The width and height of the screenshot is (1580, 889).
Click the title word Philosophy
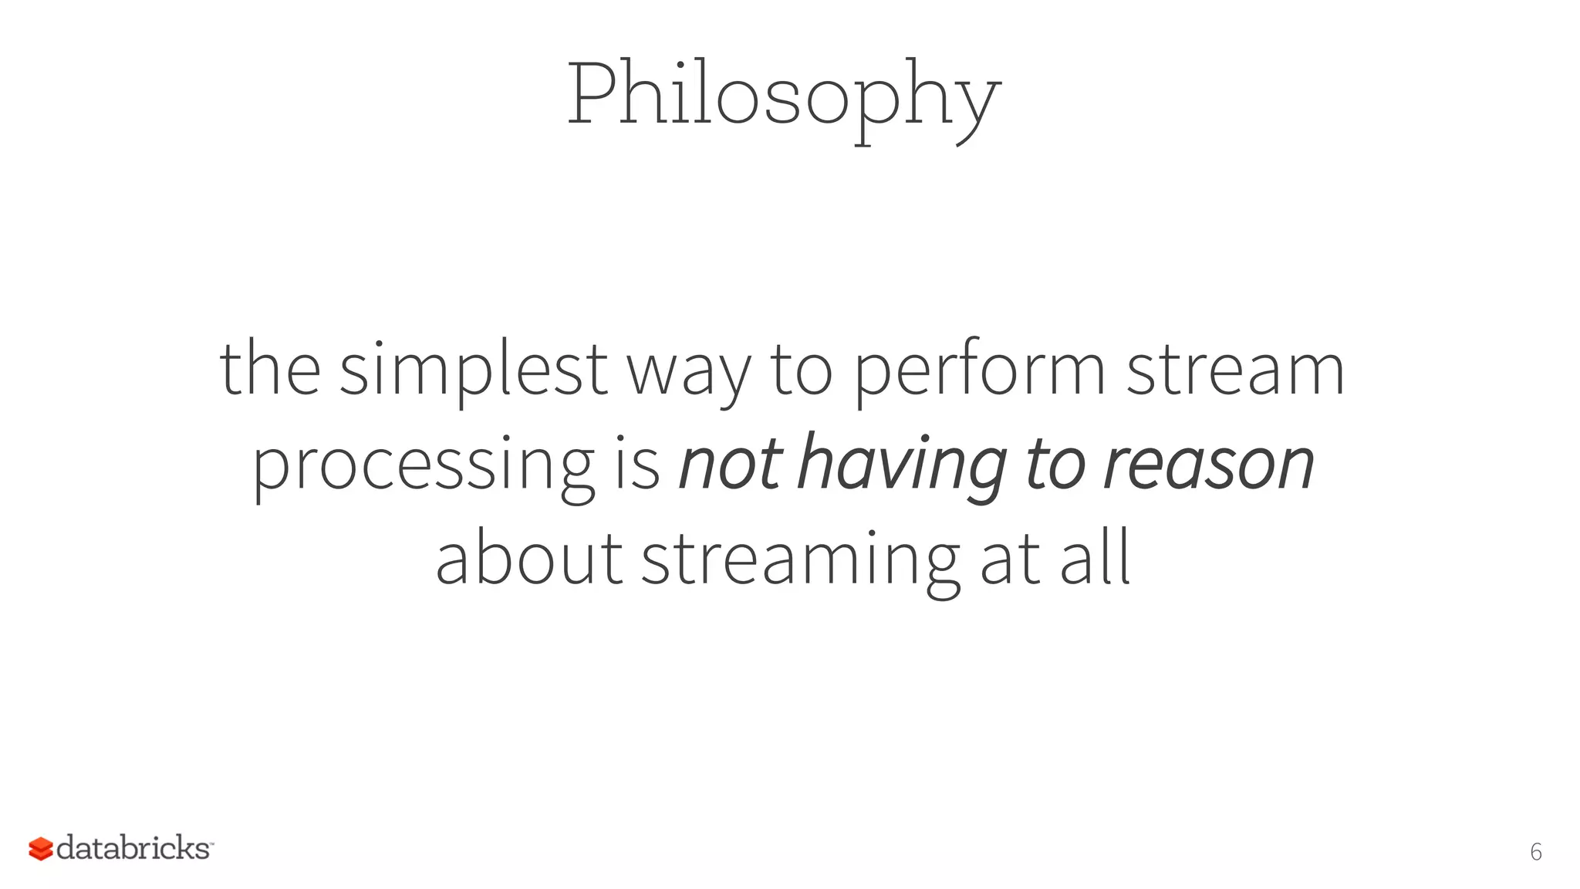(784, 96)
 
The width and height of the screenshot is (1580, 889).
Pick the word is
(637, 465)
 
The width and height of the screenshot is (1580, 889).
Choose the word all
(1096, 557)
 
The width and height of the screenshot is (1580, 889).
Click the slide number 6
(1535, 852)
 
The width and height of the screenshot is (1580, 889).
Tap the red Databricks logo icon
(40, 849)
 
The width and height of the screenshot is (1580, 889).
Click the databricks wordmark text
(133, 848)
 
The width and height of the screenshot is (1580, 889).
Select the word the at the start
(270, 369)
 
